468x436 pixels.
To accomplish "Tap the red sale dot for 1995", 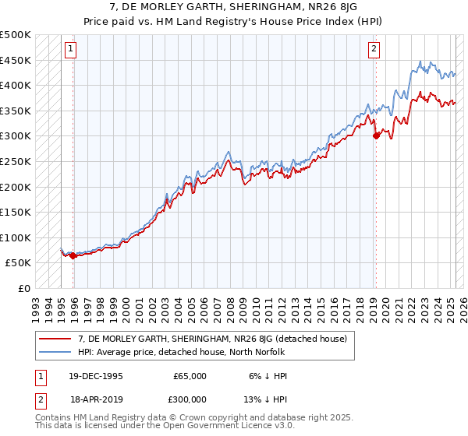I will (73, 255).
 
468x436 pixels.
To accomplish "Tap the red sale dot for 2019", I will (376, 135).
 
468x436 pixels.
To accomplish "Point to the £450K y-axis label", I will (16, 60).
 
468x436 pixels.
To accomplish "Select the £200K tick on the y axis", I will (16, 187).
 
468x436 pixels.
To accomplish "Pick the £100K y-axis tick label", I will (16, 237).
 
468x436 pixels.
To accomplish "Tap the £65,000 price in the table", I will (190, 376).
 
